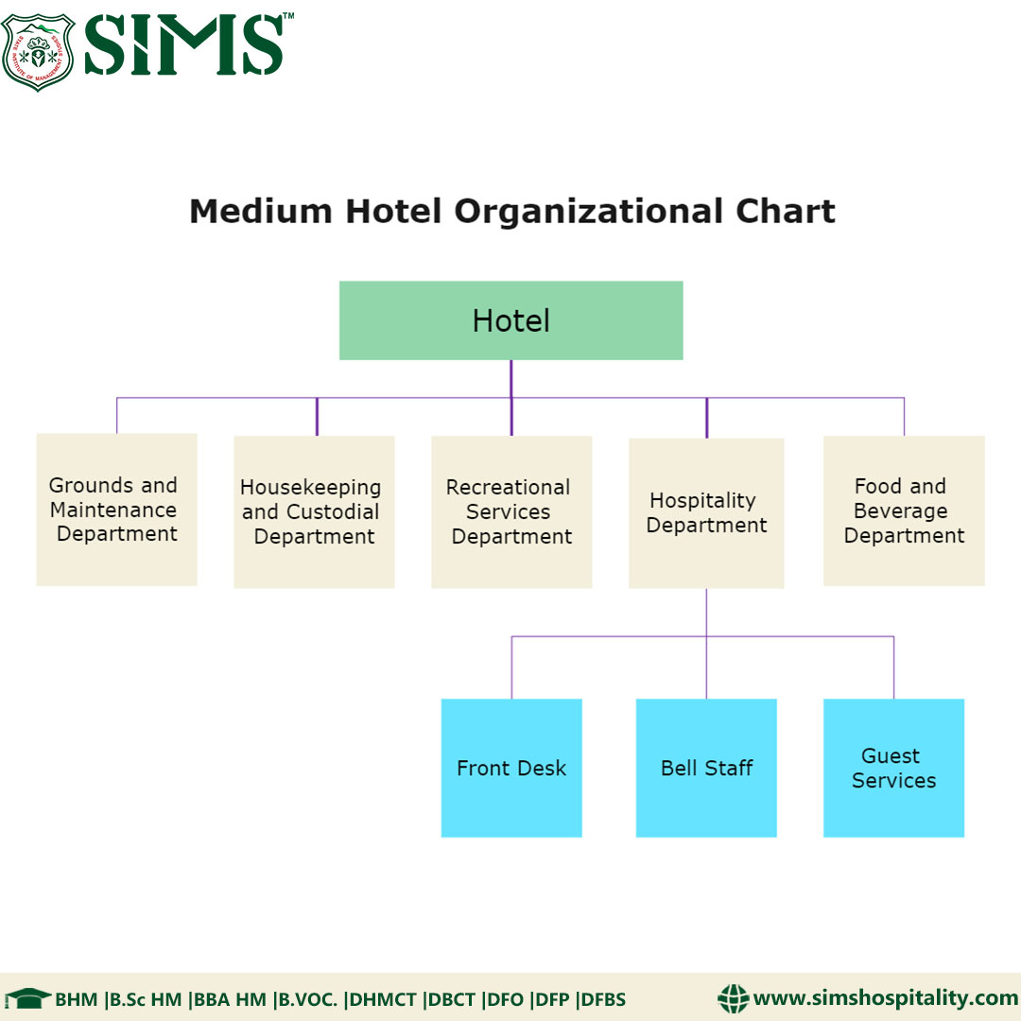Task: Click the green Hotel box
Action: pos(510,320)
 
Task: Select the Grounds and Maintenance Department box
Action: pos(116,510)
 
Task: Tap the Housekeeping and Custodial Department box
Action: pos(314,511)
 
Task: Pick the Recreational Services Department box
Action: pos(511,511)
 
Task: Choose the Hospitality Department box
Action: pos(706,512)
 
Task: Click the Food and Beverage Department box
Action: pos(904,510)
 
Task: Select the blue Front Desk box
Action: pos(511,768)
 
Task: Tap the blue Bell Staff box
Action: pos(706,768)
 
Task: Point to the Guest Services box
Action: pos(893,768)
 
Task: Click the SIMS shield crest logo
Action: pos(39,51)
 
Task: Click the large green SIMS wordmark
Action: pos(185,43)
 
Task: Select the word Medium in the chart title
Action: pos(260,211)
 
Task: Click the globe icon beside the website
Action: pos(733,998)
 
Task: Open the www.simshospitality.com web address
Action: pos(885,998)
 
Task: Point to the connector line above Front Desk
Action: pos(511,667)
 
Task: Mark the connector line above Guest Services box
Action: pos(893,667)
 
